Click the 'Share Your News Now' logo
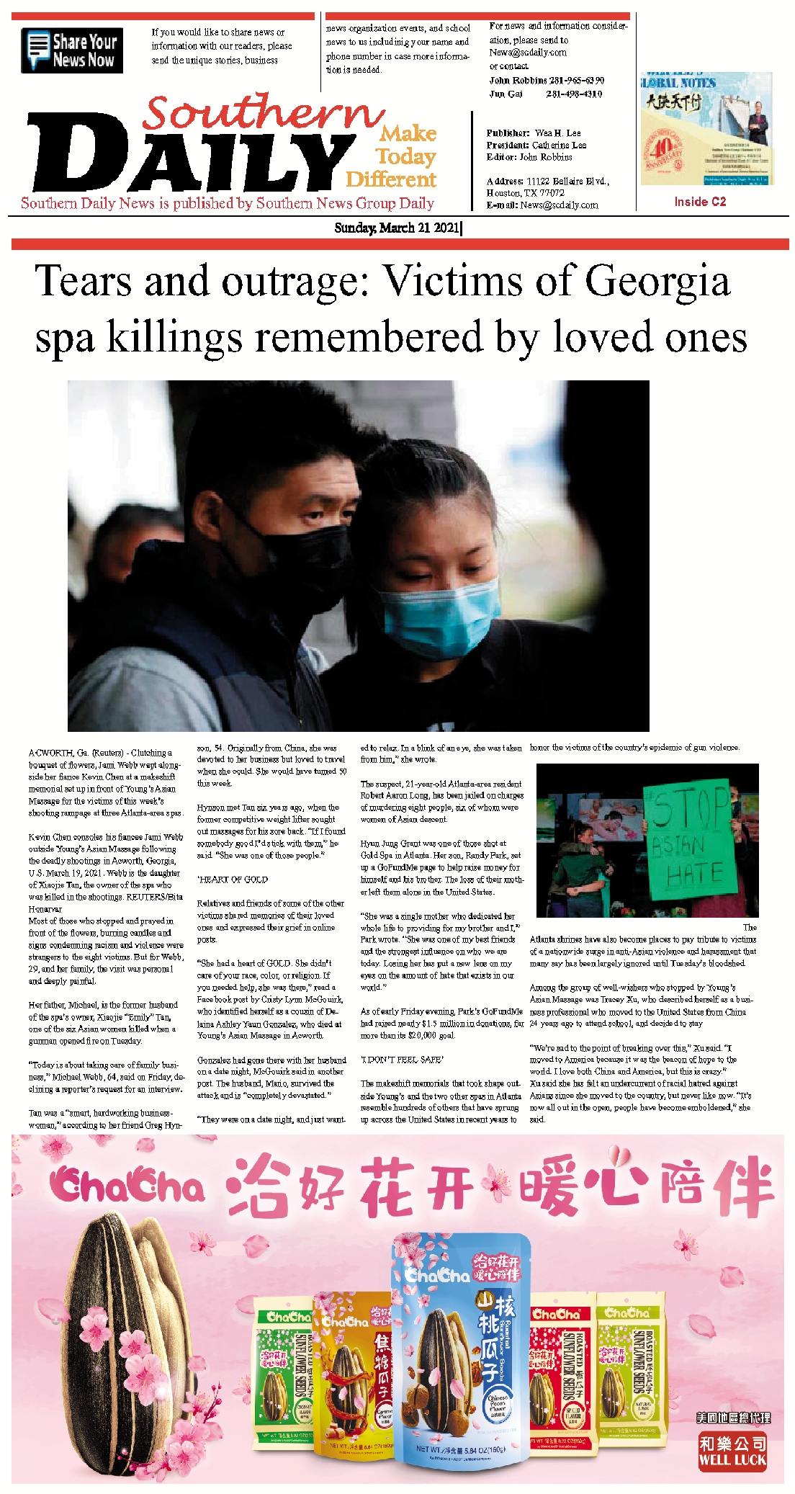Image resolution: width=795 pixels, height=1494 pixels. click(x=72, y=50)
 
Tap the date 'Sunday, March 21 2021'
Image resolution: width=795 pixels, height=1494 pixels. click(x=397, y=228)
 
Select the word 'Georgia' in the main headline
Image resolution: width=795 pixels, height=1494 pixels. click(x=657, y=280)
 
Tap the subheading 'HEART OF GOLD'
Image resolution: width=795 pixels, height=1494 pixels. click(x=233, y=880)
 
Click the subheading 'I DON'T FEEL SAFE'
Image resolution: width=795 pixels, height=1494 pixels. click(x=402, y=1060)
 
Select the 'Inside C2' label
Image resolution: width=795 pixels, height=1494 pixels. click(x=699, y=202)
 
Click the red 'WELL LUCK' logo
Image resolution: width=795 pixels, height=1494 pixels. click(x=732, y=1451)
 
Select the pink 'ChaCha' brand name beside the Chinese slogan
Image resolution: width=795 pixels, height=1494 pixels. click(x=127, y=1186)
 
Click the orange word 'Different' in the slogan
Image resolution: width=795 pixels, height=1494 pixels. click(x=391, y=179)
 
